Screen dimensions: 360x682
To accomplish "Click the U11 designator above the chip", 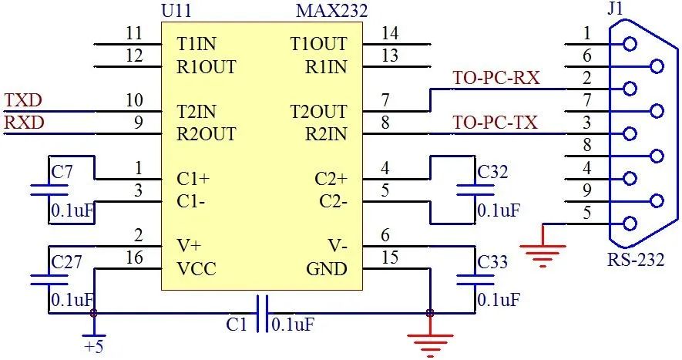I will point(178,11).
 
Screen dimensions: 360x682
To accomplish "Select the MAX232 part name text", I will point(331,11).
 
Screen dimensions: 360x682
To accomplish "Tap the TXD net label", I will point(23,101).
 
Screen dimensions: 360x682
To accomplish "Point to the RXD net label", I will point(24,123).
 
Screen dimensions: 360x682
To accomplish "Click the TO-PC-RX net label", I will point(496,78).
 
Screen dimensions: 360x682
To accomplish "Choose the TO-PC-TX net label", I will point(495,123).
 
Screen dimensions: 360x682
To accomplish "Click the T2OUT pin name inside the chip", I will point(318,112).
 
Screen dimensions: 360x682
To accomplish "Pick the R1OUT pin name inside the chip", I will point(206,66).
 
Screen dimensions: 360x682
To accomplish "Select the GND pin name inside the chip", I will point(327,269).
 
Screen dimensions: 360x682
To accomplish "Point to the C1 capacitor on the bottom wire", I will point(262,313).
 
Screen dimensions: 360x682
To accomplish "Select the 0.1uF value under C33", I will point(499,299).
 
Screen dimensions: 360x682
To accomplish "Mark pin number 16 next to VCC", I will point(134,257).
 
